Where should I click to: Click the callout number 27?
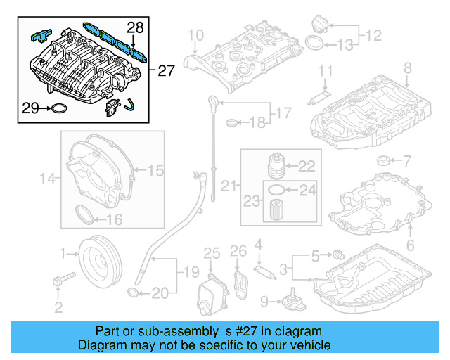(166, 70)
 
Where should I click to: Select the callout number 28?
(135, 28)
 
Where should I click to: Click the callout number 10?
(195, 34)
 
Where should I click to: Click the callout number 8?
(407, 67)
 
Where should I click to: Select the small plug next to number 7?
(384, 162)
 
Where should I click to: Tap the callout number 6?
(410, 245)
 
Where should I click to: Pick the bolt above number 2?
(59, 282)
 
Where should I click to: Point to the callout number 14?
(46, 179)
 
